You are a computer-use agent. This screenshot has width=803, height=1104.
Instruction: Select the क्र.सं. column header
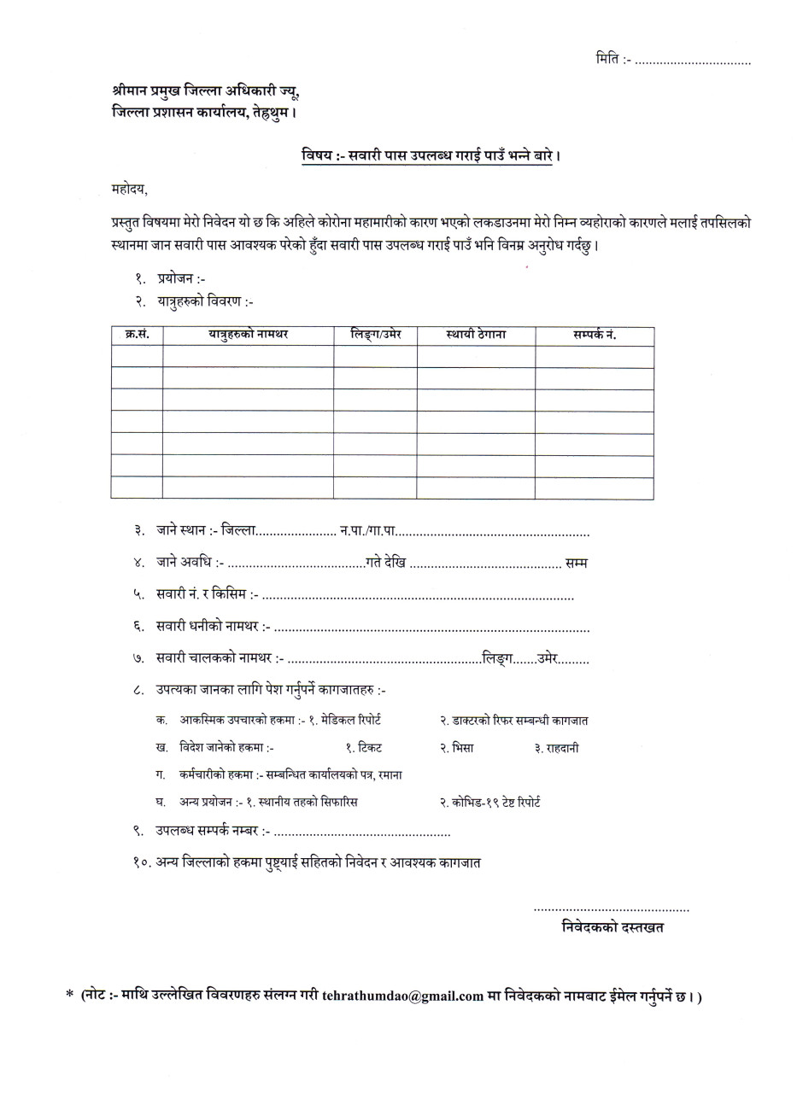tap(137, 335)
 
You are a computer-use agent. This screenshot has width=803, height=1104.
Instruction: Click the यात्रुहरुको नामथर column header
tap(248, 335)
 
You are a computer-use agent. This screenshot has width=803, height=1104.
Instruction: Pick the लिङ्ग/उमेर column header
tap(376, 335)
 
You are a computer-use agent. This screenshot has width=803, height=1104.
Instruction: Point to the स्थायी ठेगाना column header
tap(476, 335)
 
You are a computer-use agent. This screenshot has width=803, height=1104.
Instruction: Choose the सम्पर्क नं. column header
tap(595, 335)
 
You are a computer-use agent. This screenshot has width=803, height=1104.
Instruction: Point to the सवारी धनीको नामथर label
tap(213, 628)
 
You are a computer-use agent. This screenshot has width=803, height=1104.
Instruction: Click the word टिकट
tap(370, 747)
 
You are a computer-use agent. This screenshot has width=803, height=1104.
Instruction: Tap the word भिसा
tap(462, 747)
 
